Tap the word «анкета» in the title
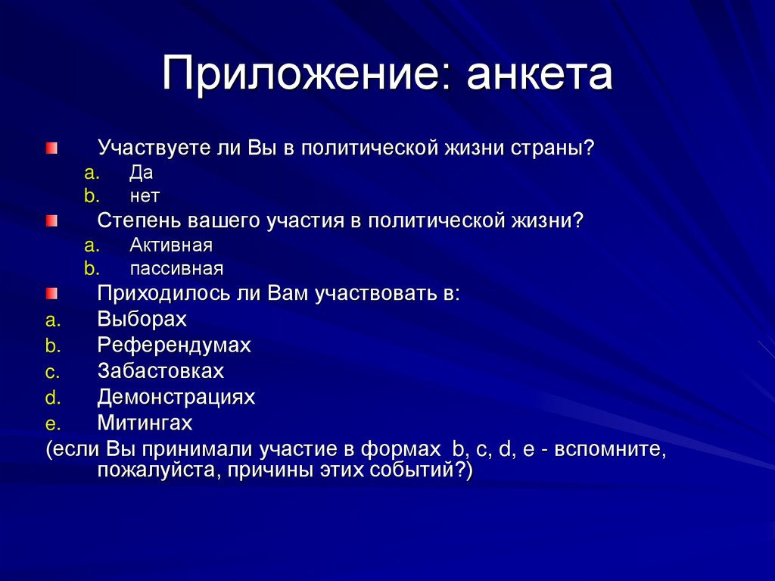click(538, 77)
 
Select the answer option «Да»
click(141, 173)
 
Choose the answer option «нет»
click(145, 195)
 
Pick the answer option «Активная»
click(170, 245)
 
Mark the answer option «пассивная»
click(176, 268)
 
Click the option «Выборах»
click(142, 319)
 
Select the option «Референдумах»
click(173, 345)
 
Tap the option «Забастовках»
click(160, 371)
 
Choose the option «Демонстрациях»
click(176, 397)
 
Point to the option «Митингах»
click(145, 423)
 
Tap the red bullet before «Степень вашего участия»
click(51, 221)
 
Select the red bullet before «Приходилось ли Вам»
click(51, 294)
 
